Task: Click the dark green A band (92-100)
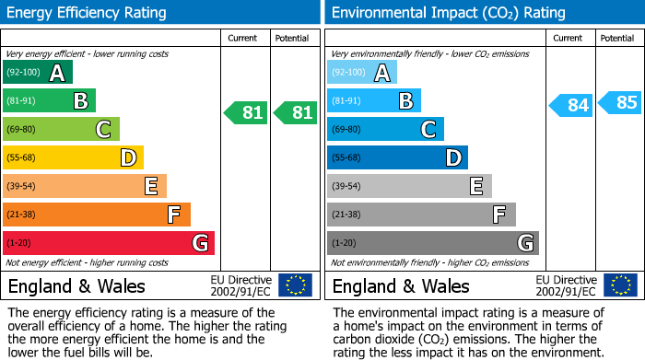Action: [x=38, y=73]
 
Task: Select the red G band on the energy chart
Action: [x=109, y=243]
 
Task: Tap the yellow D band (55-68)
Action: [x=73, y=158]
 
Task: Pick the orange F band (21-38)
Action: [x=97, y=215]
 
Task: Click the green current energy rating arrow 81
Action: [x=246, y=113]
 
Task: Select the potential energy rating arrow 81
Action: [x=295, y=113]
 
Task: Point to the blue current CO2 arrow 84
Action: [x=570, y=105]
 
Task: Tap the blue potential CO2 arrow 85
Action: [x=619, y=102]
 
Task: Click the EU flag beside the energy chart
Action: [x=295, y=285]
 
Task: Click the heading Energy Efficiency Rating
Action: [x=88, y=13]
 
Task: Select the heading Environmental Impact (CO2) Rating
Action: [x=448, y=13]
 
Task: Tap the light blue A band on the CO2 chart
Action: [x=362, y=73]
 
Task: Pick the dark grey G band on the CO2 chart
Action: [x=433, y=243]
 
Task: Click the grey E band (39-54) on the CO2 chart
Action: [x=409, y=186]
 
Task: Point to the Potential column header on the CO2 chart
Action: [x=616, y=38]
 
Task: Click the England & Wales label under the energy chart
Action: [x=76, y=285]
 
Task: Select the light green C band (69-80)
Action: [x=61, y=130]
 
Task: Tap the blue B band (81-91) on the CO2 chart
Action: [x=374, y=101]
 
